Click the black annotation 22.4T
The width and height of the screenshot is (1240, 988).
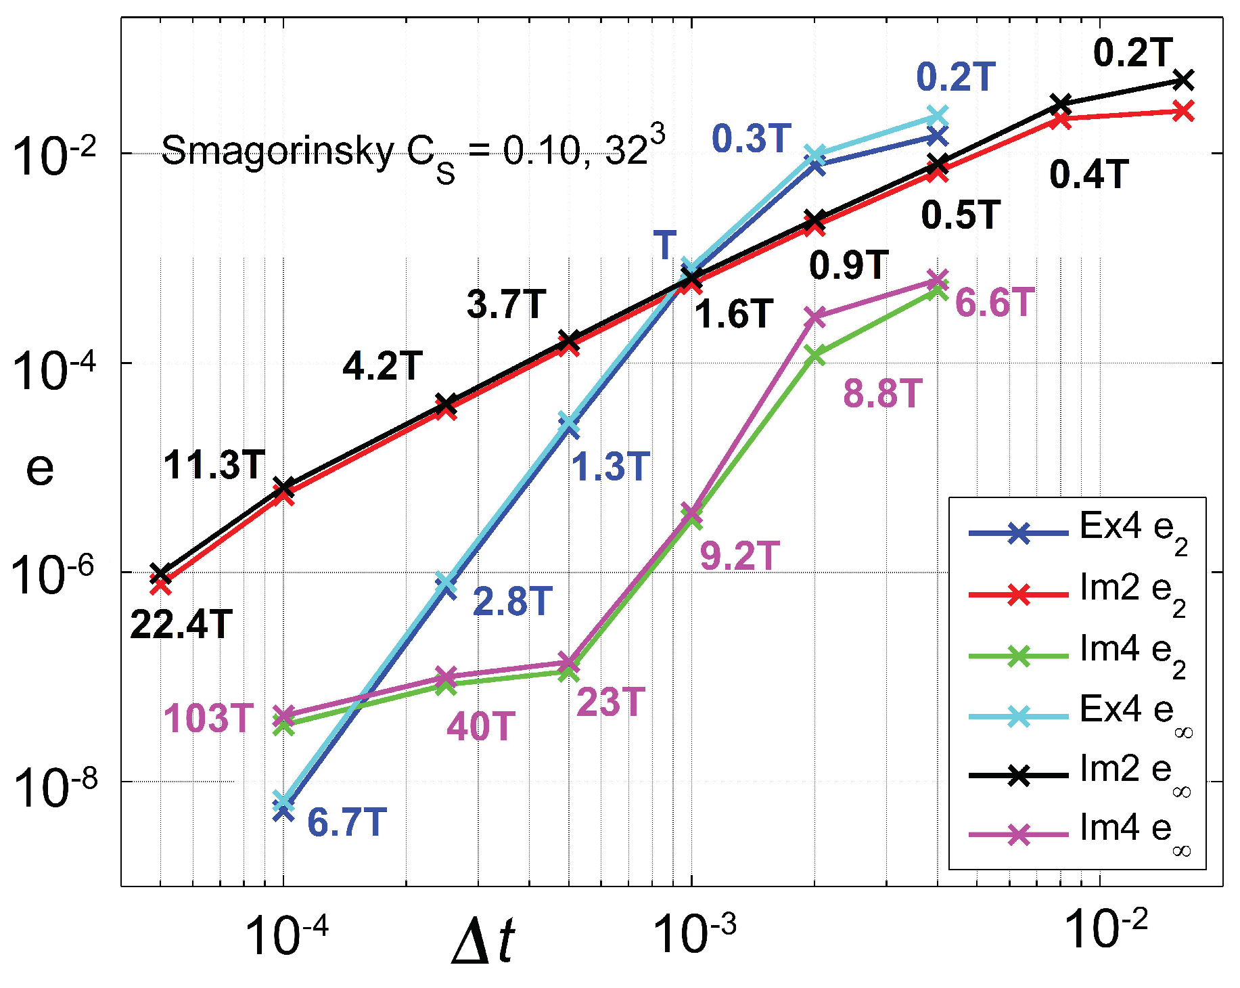click(x=181, y=625)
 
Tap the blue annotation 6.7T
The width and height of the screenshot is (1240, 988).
click(x=346, y=823)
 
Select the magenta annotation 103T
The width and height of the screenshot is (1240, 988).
click(x=208, y=718)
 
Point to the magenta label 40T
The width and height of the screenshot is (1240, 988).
click(x=480, y=727)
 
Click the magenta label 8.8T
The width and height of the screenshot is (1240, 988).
click(x=882, y=393)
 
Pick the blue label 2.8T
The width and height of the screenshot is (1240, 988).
click(x=512, y=602)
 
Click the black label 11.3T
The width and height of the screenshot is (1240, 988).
click(x=214, y=466)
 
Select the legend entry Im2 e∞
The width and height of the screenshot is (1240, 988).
click(x=1078, y=775)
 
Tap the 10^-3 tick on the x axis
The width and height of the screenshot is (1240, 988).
click(x=694, y=934)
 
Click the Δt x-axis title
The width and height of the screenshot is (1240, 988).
click(x=483, y=941)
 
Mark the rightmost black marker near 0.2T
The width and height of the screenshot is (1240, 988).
click(x=1182, y=81)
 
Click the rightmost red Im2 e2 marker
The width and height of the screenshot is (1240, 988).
click(x=1182, y=110)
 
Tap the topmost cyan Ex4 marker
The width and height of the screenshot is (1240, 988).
click(x=936, y=116)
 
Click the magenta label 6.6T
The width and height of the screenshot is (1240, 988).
click(x=994, y=302)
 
